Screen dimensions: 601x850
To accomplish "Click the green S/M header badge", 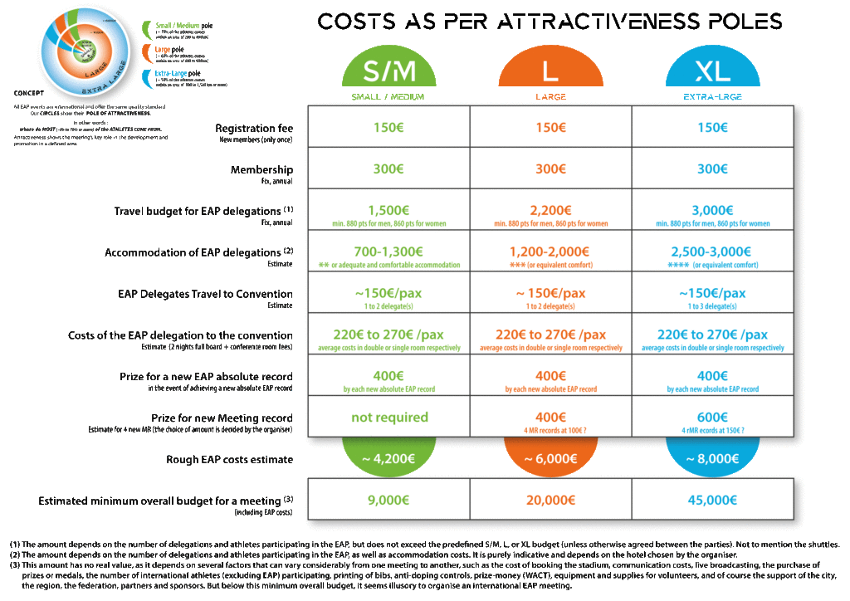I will (389, 73).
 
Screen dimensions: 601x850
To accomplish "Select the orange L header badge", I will (550, 73).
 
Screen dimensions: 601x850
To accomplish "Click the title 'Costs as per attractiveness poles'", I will (550, 22).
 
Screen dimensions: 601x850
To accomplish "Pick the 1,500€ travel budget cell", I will (389, 210).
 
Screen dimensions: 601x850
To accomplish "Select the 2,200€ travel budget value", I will (550, 210).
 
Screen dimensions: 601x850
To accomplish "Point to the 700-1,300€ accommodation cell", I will (389, 252).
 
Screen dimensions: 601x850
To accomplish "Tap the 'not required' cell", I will (389, 417).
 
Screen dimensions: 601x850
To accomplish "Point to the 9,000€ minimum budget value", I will (389, 501).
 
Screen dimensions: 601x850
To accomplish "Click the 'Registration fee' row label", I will (253, 129).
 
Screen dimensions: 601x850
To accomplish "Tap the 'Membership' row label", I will (261, 169).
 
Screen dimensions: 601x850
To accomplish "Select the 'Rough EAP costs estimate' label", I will (229, 459).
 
